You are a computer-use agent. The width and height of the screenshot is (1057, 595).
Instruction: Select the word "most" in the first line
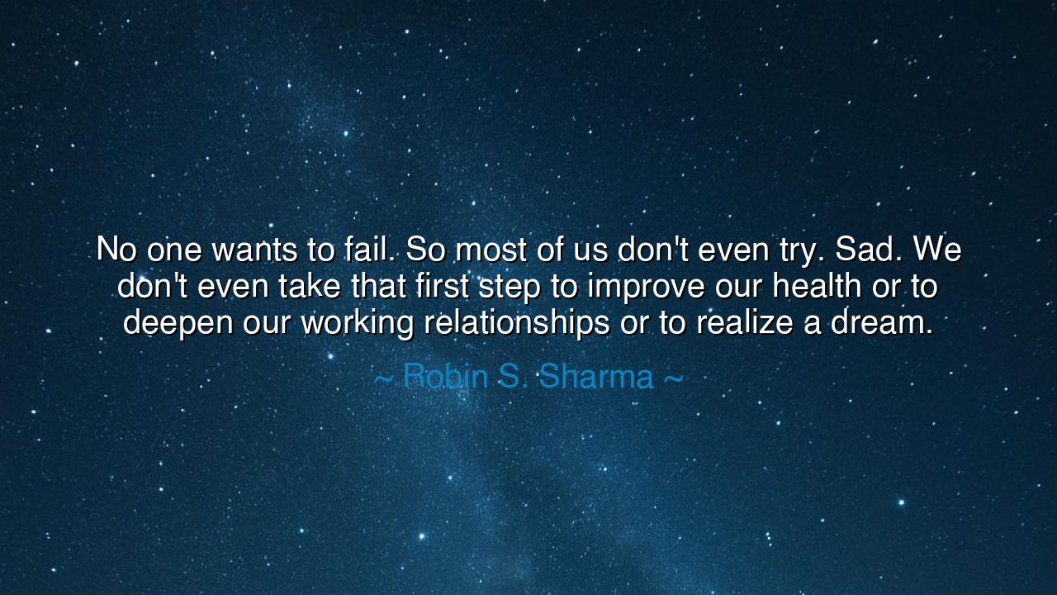pyautogui.click(x=490, y=250)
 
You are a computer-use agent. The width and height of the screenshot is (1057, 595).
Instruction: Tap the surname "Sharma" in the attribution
pyautogui.click(x=596, y=377)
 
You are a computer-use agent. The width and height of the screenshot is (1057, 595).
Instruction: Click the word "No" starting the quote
pyautogui.click(x=116, y=250)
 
